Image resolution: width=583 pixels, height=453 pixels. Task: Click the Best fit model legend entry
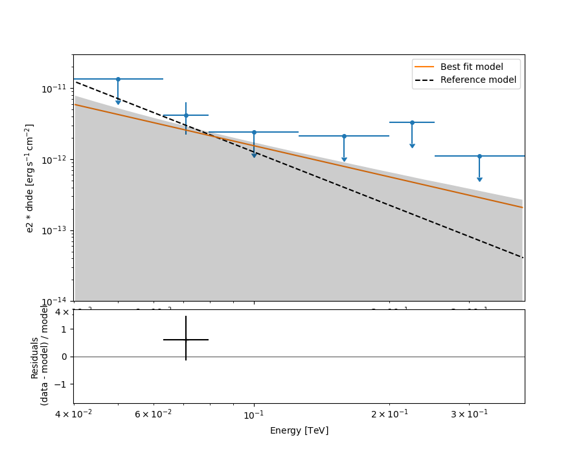[x=471, y=67]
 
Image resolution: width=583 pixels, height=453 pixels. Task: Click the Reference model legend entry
[x=478, y=80]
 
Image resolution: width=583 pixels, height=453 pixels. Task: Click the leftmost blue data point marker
[x=118, y=79]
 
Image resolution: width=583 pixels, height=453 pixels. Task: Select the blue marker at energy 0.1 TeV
[x=254, y=132]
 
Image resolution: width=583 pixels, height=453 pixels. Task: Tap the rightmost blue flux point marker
[x=479, y=156]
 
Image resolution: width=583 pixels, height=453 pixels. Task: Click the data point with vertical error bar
[x=186, y=115]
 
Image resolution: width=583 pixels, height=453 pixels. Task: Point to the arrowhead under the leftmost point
[x=118, y=102]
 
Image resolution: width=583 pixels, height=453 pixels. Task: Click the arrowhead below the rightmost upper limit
[x=479, y=179]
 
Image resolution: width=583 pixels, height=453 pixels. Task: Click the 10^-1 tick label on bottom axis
[x=254, y=414]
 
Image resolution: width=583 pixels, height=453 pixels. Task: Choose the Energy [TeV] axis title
[x=299, y=430]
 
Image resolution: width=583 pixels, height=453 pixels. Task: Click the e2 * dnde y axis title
[x=30, y=178]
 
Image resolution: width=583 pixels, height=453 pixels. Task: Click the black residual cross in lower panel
[x=186, y=339]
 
